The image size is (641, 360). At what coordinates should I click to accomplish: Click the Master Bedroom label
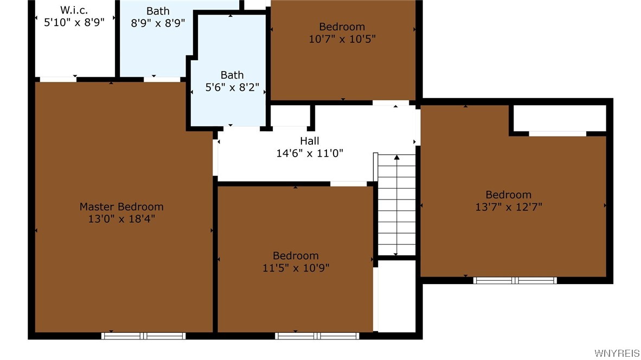click(121, 207)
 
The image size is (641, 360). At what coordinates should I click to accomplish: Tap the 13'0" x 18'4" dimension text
click(121, 219)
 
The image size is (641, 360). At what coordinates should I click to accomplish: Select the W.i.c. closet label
click(74, 10)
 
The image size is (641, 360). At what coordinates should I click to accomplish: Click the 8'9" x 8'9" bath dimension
click(158, 23)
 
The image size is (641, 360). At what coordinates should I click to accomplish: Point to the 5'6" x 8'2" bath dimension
click(232, 87)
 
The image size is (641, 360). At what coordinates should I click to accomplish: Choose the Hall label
click(310, 141)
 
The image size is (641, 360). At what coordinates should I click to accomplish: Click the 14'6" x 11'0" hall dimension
click(310, 153)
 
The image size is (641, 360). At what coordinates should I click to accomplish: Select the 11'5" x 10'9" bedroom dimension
click(296, 267)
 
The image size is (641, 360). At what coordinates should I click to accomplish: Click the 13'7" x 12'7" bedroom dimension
click(508, 207)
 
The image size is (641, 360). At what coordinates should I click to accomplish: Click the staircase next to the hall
click(396, 206)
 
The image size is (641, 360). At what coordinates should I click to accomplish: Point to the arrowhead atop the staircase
click(396, 157)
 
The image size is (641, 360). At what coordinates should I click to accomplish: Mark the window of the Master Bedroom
click(144, 336)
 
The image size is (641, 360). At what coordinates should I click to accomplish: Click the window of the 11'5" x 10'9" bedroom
click(317, 336)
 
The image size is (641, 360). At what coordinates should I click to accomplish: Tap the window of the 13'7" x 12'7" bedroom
click(515, 280)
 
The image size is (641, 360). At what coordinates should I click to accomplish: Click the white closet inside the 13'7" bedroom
click(559, 118)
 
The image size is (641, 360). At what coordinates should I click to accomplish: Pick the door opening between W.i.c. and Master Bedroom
click(58, 79)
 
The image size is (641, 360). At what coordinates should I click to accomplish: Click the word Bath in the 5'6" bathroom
click(232, 75)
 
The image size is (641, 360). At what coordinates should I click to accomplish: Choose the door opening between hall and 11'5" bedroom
click(349, 184)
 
